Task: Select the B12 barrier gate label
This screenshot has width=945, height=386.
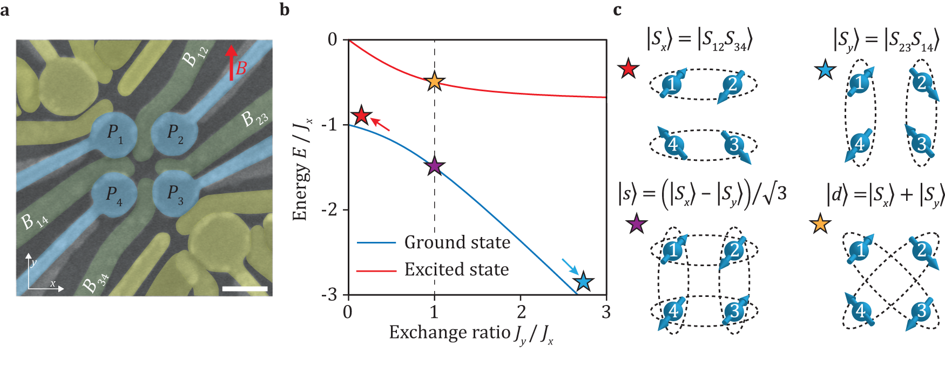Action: pyautogui.click(x=194, y=56)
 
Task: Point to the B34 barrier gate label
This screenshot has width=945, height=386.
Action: pyautogui.click(x=95, y=282)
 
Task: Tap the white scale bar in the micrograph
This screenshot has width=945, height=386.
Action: pyautogui.click(x=245, y=289)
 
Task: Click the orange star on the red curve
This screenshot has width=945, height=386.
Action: pyautogui.click(x=434, y=82)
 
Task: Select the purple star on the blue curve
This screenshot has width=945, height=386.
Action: pyautogui.click(x=434, y=166)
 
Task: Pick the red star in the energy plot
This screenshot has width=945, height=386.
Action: pyautogui.click(x=361, y=116)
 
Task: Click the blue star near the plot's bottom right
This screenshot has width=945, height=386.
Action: pyautogui.click(x=583, y=281)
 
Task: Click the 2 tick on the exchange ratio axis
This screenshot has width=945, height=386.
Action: pyautogui.click(x=521, y=311)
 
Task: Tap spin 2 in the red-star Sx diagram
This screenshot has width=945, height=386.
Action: pyautogui.click(x=732, y=84)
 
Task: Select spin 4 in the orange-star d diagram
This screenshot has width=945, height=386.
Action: pyautogui.click(x=860, y=311)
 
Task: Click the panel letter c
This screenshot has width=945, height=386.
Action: pyautogui.click(x=617, y=9)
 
